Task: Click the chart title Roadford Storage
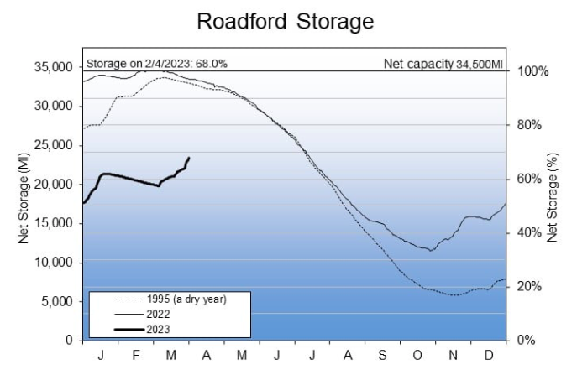(285, 22)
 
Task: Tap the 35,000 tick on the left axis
(51, 67)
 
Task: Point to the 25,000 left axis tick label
(51, 145)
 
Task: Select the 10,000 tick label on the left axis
(51, 263)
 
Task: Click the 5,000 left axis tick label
(55, 301)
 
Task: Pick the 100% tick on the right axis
(532, 70)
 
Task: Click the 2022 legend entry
(164, 313)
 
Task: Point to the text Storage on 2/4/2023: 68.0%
(156, 63)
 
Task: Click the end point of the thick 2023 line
(189, 158)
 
